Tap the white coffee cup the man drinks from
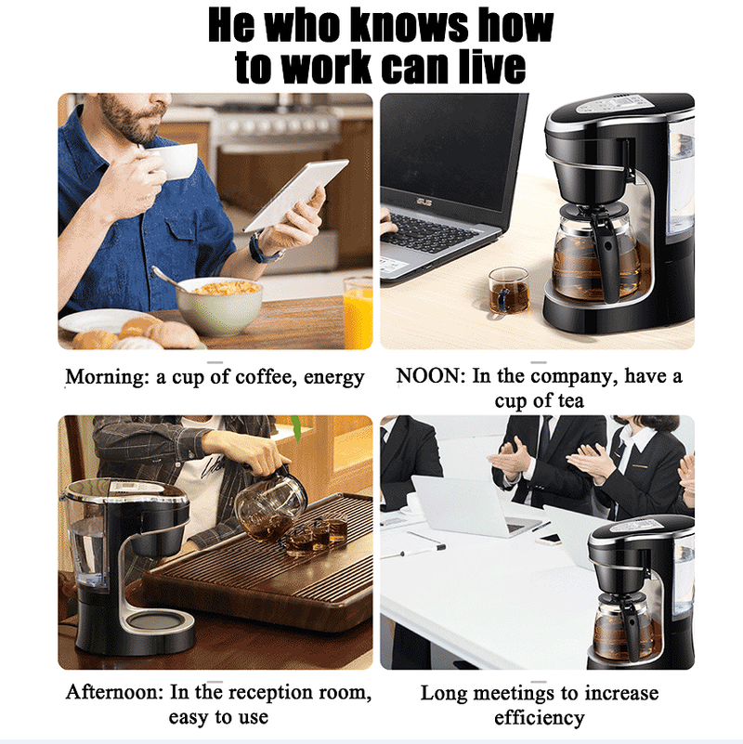[x=174, y=161]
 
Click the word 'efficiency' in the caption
[x=539, y=718]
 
